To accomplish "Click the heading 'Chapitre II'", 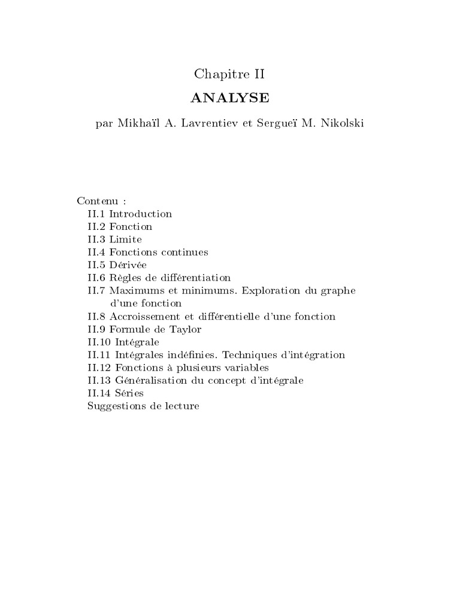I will click(229, 74).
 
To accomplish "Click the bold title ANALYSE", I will click(229, 98).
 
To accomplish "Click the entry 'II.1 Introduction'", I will click(129, 214).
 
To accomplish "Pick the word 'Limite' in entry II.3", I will click(126, 239).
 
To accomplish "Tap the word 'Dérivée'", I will click(128, 265).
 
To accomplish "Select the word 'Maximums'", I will click(135, 290).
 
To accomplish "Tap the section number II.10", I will click(98, 342).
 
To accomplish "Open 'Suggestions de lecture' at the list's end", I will click(143, 406).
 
